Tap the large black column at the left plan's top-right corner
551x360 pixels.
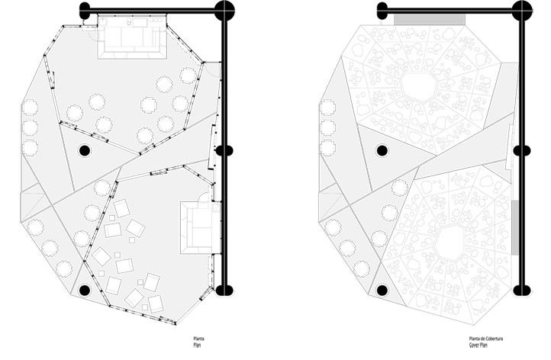[x=224, y=11]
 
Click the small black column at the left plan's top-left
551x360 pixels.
[x=85, y=11]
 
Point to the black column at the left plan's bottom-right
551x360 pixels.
[x=224, y=290]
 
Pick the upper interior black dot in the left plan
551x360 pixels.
[x=85, y=150]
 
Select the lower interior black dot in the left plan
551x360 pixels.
[x=84, y=290]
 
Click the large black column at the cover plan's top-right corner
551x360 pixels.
[x=522, y=11]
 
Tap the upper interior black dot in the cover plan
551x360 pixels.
[x=382, y=150]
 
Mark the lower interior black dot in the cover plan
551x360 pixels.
[x=382, y=290]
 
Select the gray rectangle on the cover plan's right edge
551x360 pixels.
[x=516, y=227]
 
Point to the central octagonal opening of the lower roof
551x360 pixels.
[x=449, y=242]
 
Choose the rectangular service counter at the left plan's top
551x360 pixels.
[x=133, y=37]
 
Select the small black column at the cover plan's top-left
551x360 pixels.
[x=382, y=11]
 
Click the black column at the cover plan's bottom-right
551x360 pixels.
[x=521, y=290]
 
